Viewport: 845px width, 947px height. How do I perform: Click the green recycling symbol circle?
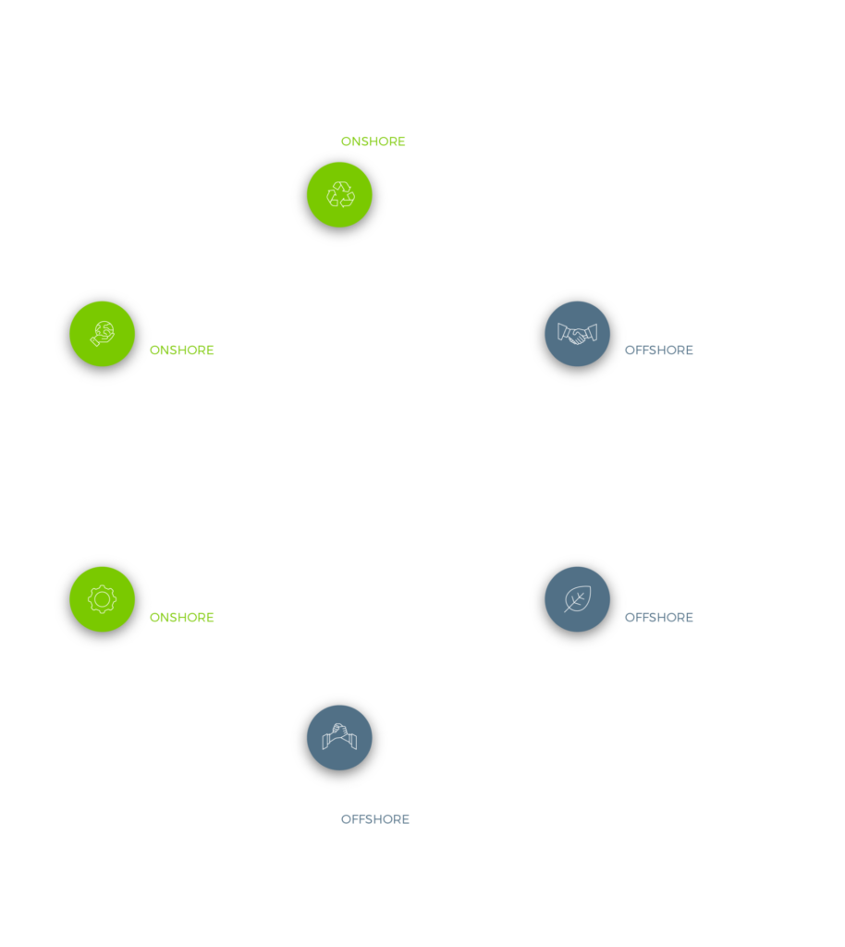(339, 194)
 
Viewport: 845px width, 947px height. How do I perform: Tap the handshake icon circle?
(578, 334)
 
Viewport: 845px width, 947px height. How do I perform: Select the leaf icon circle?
(578, 599)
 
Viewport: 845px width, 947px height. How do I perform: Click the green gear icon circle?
(102, 599)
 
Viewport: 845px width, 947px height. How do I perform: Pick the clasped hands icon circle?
(339, 737)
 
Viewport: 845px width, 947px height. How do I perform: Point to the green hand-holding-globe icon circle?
(102, 334)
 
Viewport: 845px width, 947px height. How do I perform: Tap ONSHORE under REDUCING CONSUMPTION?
(373, 142)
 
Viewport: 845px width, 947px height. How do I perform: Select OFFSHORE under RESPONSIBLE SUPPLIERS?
(658, 351)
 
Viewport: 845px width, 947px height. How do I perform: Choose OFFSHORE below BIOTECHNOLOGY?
(658, 618)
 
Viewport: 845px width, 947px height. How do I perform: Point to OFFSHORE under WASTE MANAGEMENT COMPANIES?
(375, 819)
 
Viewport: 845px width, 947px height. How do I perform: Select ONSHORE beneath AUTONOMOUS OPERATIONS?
(181, 618)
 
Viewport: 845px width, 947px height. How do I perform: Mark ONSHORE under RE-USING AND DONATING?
(181, 351)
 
